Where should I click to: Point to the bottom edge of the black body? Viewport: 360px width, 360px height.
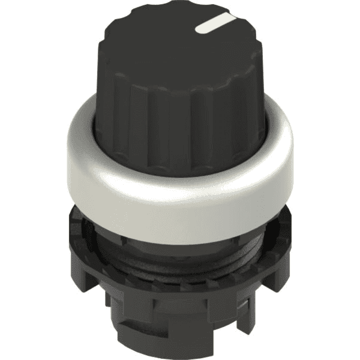[x=180, y=354]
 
